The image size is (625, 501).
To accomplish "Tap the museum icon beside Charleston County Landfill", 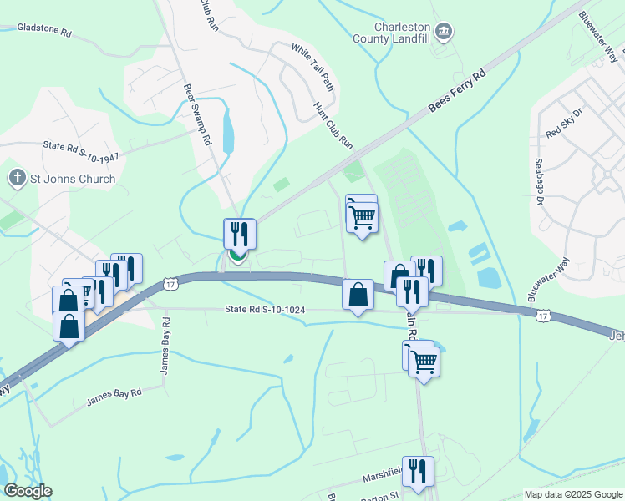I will pos(445,33).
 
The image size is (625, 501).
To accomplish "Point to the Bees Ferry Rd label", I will pos(457,92).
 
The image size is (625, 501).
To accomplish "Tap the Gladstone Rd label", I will pos(44,32).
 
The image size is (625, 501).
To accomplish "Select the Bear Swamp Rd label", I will pos(197,114).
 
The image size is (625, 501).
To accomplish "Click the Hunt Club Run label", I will pos(333,126).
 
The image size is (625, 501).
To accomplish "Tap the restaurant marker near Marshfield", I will pos(418,471).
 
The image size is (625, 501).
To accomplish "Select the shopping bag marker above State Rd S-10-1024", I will pos(358,295).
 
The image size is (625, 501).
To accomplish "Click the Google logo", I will pos(28,491).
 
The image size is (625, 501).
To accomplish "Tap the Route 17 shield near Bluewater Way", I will pos(543,314).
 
